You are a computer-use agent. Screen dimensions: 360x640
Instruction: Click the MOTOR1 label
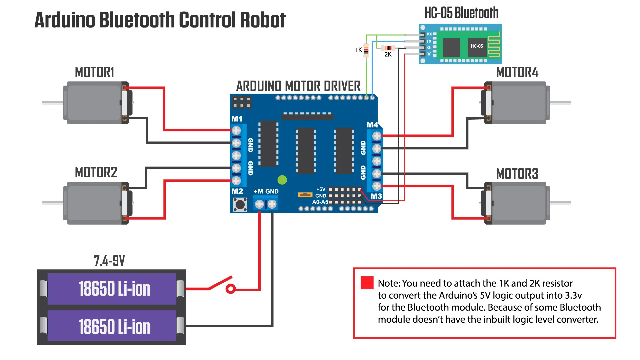[x=94, y=72]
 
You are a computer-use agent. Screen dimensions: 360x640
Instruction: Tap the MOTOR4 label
[x=517, y=72]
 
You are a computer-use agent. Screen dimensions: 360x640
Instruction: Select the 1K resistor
[x=366, y=50]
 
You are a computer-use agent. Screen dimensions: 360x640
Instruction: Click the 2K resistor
[x=388, y=48]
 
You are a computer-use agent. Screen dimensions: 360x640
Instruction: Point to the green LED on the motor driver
[x=282, y=180]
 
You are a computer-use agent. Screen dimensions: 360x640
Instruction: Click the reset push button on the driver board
[x=240, y=204]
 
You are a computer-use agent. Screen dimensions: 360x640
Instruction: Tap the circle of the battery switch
[x=230, y=289]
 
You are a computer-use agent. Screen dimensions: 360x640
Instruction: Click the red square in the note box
[x=367, y=283]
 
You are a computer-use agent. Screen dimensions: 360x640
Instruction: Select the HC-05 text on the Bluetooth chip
[x=477, y=46]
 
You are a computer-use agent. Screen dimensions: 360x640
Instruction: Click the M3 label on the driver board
[x=376, y=196]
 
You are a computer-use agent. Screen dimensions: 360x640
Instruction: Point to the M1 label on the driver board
[x=237, y=119]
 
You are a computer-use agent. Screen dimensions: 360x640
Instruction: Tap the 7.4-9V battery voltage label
[x=109, y=261]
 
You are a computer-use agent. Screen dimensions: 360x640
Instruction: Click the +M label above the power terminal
[x=259, y=191]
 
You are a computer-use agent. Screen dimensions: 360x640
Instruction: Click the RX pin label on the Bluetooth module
[x=429, y=34]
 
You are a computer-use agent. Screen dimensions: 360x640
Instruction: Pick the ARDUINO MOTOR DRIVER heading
[x=298, y=86]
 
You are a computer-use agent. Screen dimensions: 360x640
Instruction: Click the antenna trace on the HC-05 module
[x=494, y=45]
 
